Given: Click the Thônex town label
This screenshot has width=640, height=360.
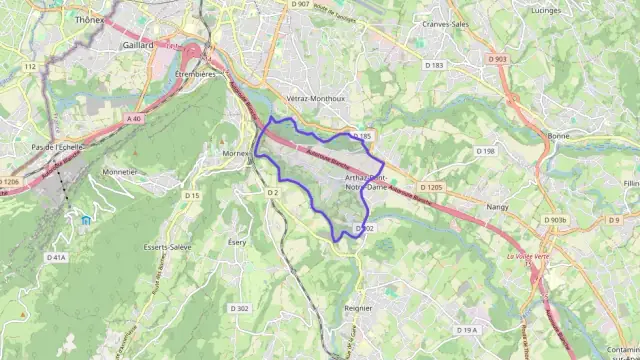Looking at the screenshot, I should (x=90, y=19).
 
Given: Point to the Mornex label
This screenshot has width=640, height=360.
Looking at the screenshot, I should (x=235, y=153).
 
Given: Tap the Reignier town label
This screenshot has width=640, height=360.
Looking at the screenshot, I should (x=357, y=308).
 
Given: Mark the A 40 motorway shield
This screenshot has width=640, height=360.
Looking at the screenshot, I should (x=134, y=118).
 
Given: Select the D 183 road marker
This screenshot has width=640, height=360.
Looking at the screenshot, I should (x=433, y=65).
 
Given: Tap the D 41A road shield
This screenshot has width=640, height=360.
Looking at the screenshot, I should (x=56, y=257).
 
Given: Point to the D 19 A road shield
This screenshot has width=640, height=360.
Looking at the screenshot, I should (x=467, y=330).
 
